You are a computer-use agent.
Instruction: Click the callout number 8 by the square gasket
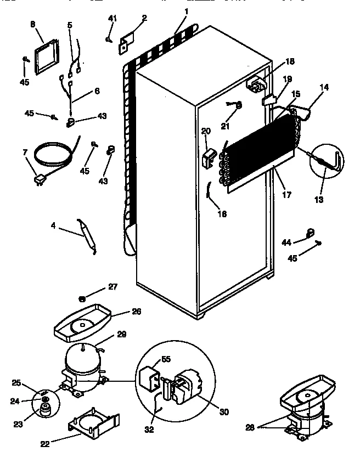point(32,25)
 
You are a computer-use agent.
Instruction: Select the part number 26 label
point(137,311)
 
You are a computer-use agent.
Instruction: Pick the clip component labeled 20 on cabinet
point(209,159)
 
